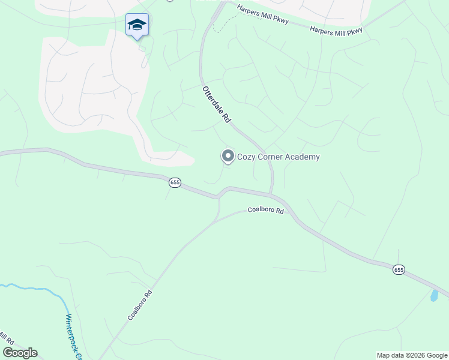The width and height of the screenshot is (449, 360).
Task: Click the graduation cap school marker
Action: pos(137,25)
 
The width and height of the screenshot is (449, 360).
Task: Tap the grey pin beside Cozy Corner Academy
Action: pos(228,157)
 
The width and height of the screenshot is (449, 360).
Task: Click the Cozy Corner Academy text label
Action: pos(278,157)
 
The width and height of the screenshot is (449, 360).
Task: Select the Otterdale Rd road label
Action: pos(217,104)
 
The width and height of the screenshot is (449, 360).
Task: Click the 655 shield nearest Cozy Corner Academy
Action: pos(175,182)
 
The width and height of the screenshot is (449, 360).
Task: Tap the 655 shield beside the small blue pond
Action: pos(399,270)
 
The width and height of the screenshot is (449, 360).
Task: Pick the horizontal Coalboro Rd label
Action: pos(265,211)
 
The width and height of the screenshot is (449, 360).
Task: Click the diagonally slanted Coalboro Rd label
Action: pos(139,305)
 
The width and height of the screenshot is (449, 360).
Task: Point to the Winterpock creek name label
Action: pos(73,336)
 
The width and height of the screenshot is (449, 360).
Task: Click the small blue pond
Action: pos(434,295)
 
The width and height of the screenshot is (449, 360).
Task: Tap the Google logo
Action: pos(20,353)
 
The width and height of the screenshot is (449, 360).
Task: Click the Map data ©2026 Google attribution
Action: pos(412,355)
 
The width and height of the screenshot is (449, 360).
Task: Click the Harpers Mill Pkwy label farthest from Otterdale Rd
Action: pos(336,30)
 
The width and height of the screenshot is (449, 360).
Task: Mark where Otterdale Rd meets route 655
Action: pos(271,194)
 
